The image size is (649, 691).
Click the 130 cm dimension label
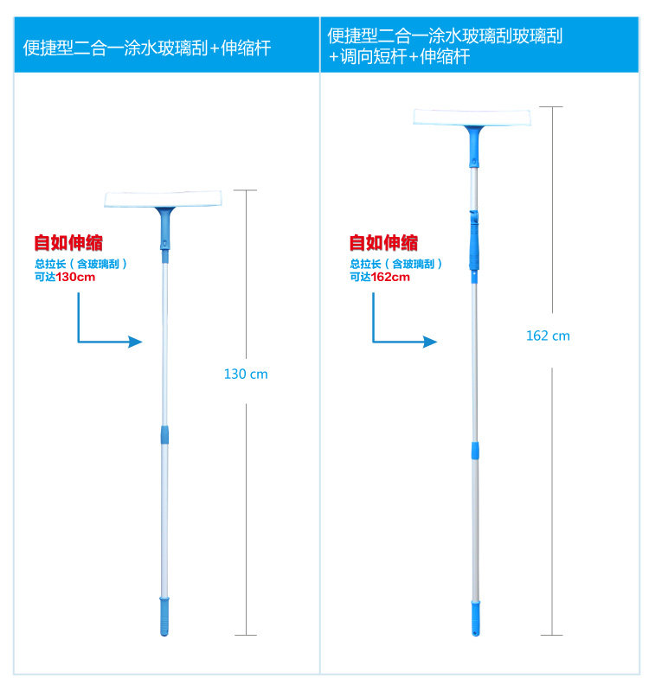click(x=246, y=374)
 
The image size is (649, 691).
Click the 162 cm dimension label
click(x=548, y=336)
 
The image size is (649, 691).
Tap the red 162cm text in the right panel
click(x=390, y=278)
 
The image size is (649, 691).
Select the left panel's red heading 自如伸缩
click(x=68, y=243)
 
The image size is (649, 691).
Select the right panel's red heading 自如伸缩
click(x=383, y=243)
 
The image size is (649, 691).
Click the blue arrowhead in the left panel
click(x=134, y=342)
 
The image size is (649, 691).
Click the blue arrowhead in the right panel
click(x=430, y=342)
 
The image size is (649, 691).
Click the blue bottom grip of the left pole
click(x=163, y=617)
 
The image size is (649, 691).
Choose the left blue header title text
click(x=146, y=48)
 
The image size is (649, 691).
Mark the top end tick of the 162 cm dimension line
click(x=551, y=107)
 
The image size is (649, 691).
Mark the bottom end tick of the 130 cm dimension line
click(x=246, y=635)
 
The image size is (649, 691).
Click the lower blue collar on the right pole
click(x=474, y=451)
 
